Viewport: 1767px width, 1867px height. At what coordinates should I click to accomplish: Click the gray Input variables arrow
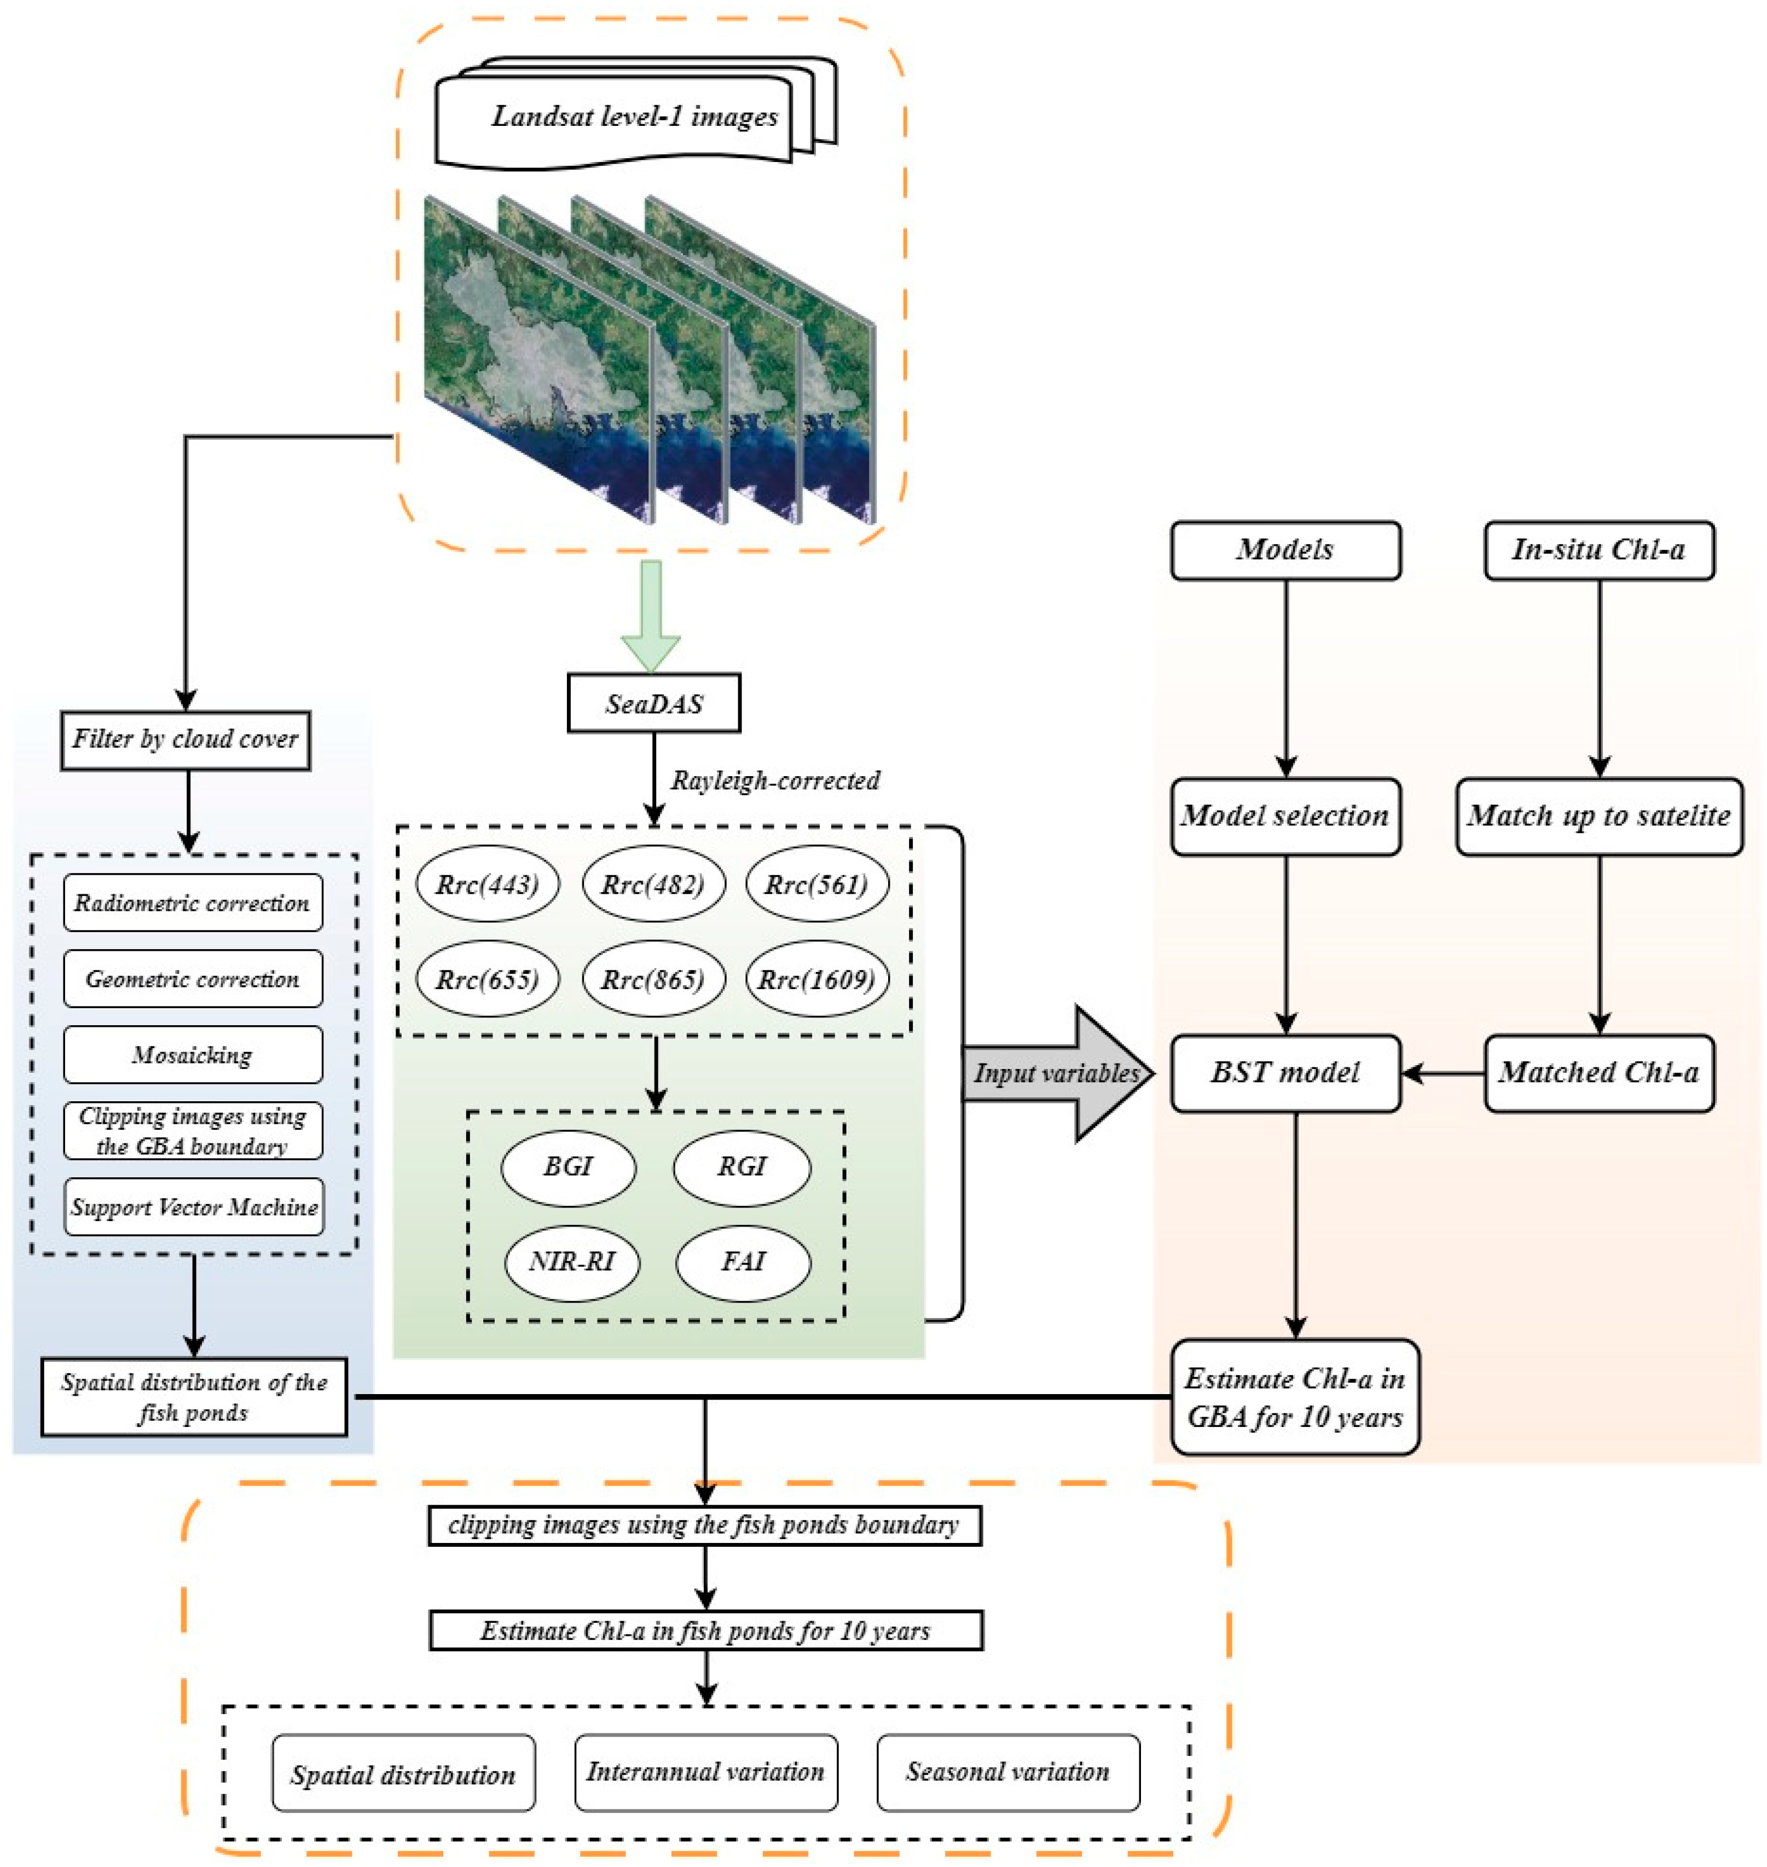point(1055,1073)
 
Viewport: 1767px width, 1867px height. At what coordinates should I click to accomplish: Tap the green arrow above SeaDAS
point(650,612)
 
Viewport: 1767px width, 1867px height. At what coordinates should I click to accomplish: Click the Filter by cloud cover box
point(186,739)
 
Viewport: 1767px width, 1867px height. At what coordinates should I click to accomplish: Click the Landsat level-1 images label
point(633,116)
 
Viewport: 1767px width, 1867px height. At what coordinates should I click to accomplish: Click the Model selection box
point(1285,815)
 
